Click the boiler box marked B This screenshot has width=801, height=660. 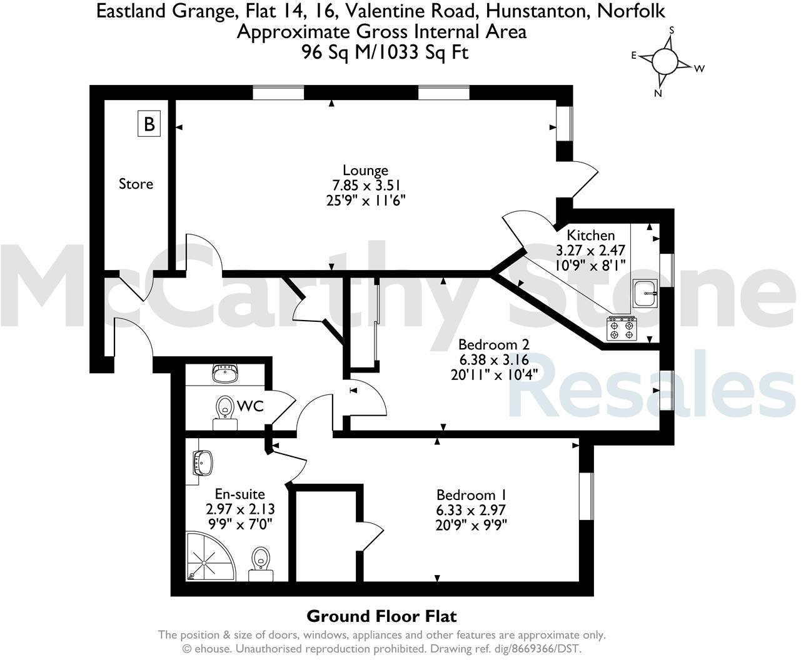click(149, 124)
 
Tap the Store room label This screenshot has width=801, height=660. click(136, 184)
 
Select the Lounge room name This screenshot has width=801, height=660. click(365, 170)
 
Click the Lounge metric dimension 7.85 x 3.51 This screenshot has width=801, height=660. click(366, 185)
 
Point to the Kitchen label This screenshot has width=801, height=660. click(590, 236)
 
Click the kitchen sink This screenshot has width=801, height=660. click(645, 293)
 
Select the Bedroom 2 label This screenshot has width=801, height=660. click(493, 344)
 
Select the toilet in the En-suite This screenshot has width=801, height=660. click(259, 559)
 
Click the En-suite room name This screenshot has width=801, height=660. click(239, 494)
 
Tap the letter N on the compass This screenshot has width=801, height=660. click(658, 94)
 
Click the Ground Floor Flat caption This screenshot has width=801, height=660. click(381, 616)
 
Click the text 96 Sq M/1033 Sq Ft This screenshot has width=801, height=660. click(385, 52)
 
